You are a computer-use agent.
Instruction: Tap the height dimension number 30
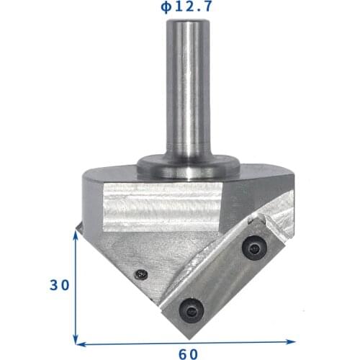pyautogui.click(x=59, y=285)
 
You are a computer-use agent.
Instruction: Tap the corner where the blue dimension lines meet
pyautogui.click(x=76, y=343)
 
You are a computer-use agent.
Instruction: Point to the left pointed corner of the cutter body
pyautogui.click(x=78, y=228)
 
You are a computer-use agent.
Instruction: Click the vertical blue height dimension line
pyautogui.click(x=76, y=288)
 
